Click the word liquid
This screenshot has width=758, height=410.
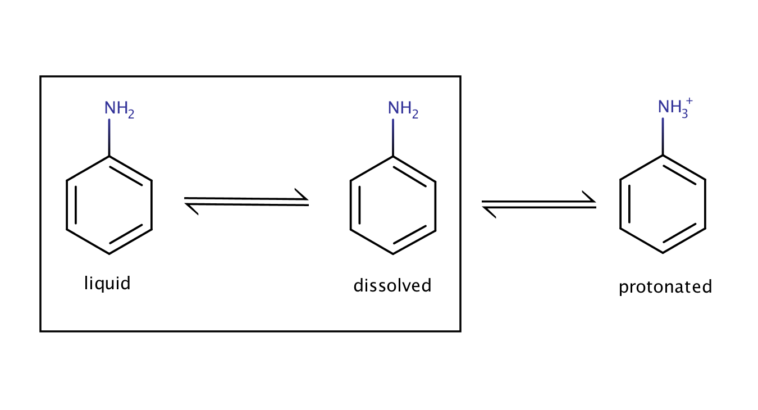point(107,283)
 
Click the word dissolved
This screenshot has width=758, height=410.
point(392,285)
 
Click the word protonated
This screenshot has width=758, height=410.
point(665,287)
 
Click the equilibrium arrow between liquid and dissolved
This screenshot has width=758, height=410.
point(246,202)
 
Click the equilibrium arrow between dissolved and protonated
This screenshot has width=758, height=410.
point(539,204)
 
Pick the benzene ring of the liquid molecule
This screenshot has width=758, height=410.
point(109,205)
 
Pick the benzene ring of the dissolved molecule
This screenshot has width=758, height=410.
point(393,205)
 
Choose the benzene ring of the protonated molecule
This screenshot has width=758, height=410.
point(663,204)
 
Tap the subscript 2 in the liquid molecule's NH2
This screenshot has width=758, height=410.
point(131,115)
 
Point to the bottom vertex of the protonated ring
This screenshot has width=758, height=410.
point(663,253)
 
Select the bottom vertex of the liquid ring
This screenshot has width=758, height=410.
point(109,254)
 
